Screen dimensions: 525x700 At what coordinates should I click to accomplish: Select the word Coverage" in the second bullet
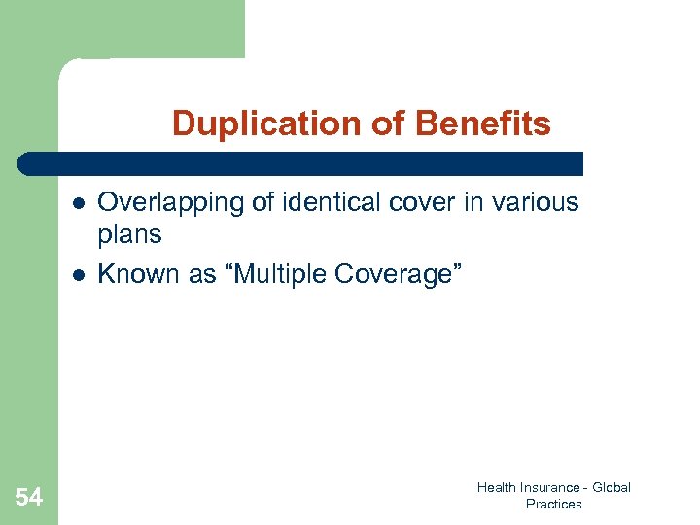[399, 274]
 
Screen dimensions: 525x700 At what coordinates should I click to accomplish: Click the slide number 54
[29, 498]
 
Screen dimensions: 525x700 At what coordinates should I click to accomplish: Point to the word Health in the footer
[496, 487]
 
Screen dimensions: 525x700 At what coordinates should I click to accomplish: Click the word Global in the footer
[611, 487]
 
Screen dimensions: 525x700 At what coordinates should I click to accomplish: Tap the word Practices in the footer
[553, 504]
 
